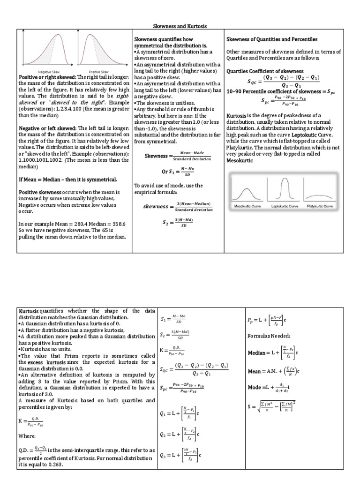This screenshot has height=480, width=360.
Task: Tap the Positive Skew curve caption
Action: [100, 72]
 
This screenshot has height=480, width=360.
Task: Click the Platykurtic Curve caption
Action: [320, 206]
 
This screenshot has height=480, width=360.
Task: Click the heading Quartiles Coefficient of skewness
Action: [265, 71]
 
